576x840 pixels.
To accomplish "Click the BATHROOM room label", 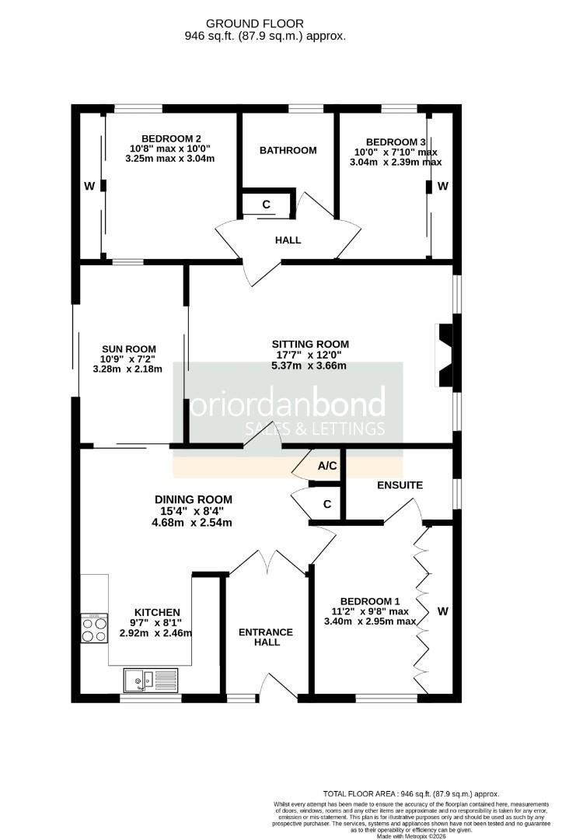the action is point(288,151).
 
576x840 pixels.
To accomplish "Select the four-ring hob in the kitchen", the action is point(94,628).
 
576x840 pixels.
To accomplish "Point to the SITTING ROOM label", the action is point(310,345).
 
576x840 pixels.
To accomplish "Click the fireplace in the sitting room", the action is point(445,355).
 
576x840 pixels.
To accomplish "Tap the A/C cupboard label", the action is point(327,466).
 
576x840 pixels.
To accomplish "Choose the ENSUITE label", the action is point(400,485).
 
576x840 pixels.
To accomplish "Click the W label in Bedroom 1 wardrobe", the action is point(443,611).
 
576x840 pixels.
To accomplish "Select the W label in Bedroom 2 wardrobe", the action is point(89,187).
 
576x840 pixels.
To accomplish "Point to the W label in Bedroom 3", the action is point(443,187).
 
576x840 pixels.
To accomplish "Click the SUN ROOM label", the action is point(128,349).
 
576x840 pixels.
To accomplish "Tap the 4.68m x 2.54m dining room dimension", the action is point(192,523).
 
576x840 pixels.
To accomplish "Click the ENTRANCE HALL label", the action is point(266,637).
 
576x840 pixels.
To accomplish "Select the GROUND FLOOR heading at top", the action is point(255,23).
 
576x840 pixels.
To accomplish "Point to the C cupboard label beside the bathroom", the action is point(266,205).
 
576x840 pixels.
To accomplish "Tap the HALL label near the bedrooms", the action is point(288,240).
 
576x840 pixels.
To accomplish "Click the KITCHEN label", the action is point(157,612).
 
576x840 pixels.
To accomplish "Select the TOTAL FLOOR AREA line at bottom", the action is point(411,794).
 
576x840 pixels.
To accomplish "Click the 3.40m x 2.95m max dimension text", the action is point(371,621).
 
